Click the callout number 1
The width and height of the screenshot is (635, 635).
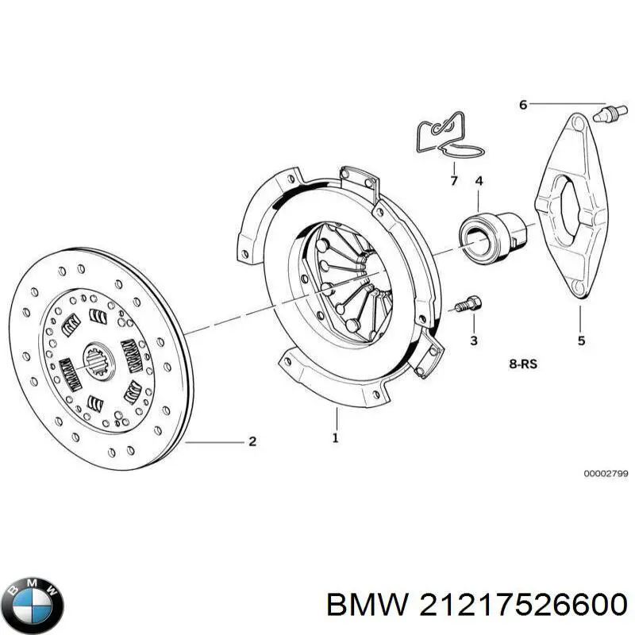point(335,437)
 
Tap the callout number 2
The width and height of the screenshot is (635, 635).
point(252,442)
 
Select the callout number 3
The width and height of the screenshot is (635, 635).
point(473,341)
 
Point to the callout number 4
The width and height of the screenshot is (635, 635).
point(479,183)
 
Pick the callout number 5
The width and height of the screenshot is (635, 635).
point(581,341)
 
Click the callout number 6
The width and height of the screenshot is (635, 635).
point(522,104)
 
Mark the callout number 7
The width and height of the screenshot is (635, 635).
point(454,182)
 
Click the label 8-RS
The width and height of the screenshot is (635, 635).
point(523,365)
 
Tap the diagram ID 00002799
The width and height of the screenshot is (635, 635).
point(606,473)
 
